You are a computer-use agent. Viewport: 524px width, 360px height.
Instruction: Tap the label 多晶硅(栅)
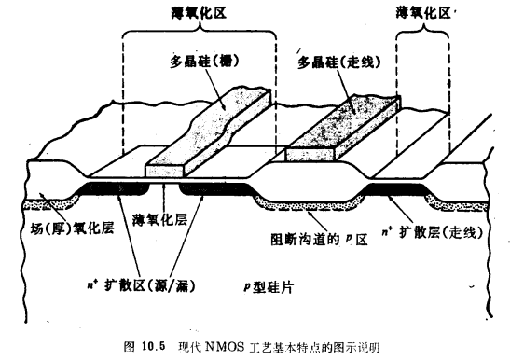(198, 62)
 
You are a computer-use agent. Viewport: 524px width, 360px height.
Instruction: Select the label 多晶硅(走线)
(338, 63)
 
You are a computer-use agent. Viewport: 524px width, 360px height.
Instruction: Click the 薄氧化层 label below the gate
(166, 220)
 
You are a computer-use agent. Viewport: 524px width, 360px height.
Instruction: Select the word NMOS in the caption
(231, 346)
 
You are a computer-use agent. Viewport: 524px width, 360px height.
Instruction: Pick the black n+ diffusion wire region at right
(396, 189)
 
